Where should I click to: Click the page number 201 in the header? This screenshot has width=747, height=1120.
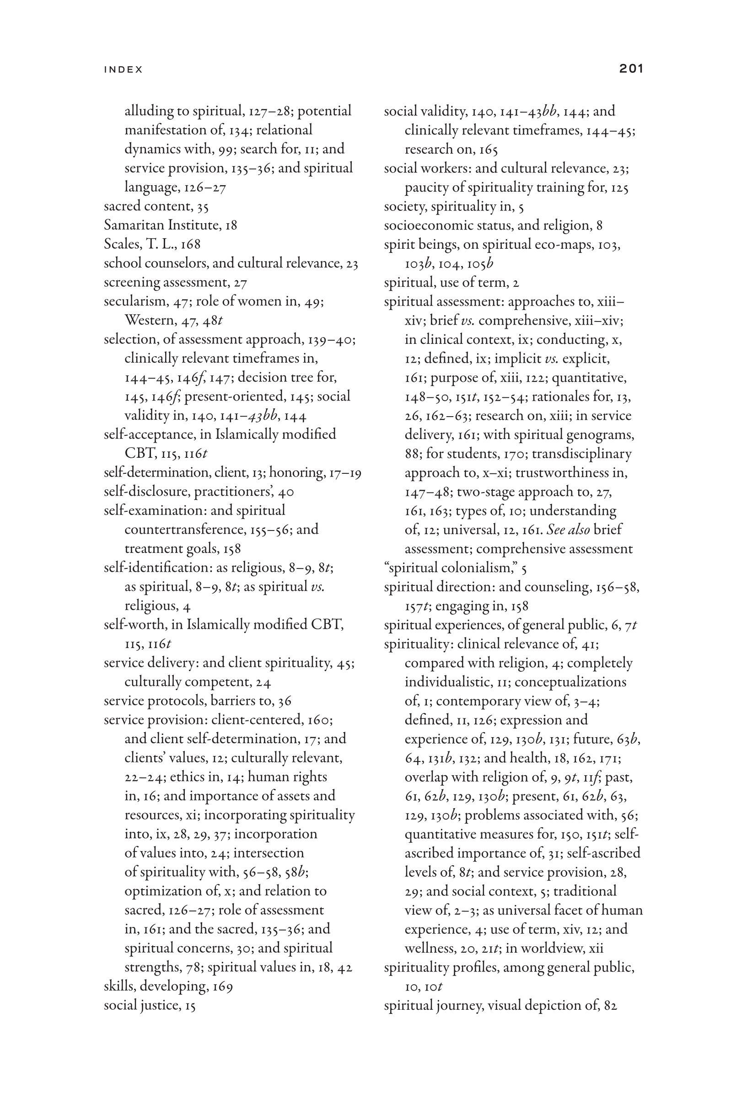tap(631, 69)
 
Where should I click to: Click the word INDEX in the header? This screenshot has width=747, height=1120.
tap(124, 70)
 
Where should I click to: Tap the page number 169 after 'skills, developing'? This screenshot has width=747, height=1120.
tap(222, 986)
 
